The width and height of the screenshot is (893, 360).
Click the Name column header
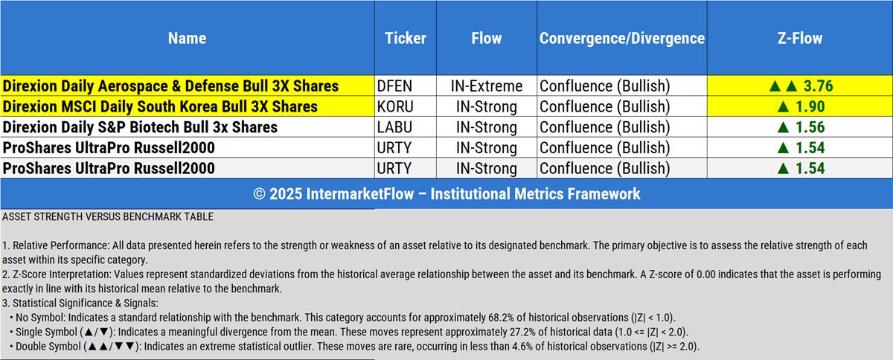(x=187, y=38)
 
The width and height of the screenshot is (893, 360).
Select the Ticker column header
(x=406, y=38)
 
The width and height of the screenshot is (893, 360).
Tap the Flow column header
(x=487, y=38)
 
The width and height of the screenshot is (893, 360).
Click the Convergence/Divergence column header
(x=622, y=38)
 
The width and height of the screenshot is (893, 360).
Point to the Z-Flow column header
(x=800, y=38)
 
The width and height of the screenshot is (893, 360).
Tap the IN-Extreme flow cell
(x=487, y=86)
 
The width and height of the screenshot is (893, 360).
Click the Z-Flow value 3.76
(x=818, y=86)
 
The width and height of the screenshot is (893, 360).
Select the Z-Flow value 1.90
(x=810, y=107)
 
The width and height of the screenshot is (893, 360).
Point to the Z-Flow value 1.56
(x=810, y=127)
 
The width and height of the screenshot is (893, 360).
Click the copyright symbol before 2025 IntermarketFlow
(x=259, y=194)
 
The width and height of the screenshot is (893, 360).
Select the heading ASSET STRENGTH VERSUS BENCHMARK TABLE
(x=108, y=217)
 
